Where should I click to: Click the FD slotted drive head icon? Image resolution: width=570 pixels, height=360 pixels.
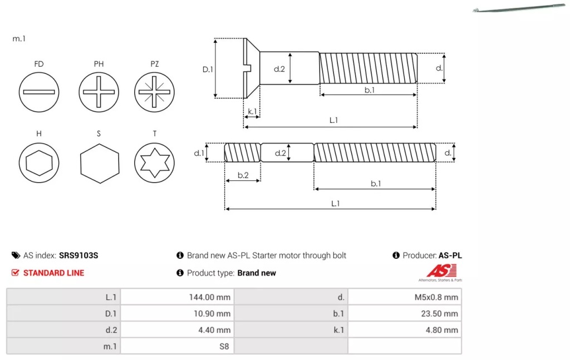coord(38,92)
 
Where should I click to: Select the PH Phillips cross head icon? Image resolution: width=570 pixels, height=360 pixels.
coord(99,92)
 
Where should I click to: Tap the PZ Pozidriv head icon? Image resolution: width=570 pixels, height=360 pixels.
coord(154,92)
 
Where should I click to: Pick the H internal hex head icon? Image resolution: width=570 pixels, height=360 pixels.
coord(38,164)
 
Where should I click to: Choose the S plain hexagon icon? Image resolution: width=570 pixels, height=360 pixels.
coord(99,164)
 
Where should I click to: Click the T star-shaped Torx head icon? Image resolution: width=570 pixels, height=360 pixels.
coord(154,164)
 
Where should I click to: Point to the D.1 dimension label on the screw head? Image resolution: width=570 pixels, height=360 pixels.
coord(207,70)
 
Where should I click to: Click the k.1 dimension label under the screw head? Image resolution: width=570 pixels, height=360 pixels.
coord(252,111)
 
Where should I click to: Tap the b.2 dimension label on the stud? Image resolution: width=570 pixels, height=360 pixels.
coord(243,175)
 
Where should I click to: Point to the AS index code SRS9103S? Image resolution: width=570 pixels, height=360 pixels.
coord(78,255)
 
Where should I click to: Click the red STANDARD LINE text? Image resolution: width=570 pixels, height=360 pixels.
coord(53,273)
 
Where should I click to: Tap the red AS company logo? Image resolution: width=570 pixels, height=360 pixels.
coord(441,271)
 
